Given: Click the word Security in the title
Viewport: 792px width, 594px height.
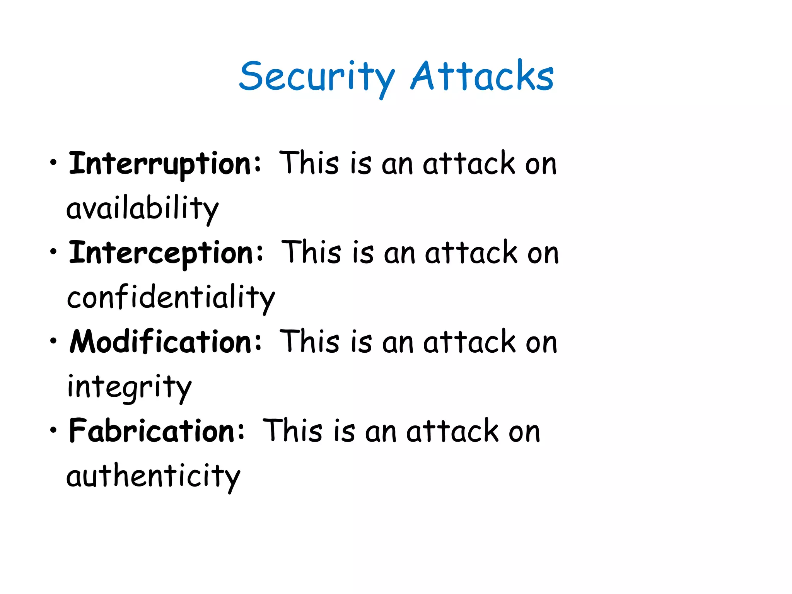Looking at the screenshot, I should pos(316,77).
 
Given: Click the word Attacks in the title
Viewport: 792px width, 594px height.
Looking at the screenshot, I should pos(482,77).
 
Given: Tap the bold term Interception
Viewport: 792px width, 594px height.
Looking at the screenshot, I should pos(161,253).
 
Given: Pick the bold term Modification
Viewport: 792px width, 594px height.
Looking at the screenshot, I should pos(160,342).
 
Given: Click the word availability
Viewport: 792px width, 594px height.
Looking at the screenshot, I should pos(142,209).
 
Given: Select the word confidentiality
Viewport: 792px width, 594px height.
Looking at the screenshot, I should pos(171,298).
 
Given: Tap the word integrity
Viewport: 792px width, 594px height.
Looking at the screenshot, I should pos(129,387).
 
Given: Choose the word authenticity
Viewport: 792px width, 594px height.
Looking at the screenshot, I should pos(153,476).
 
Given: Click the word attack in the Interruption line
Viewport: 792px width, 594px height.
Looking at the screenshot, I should pos(469,164).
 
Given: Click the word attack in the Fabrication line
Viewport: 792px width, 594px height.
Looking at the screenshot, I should pos(452,431).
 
